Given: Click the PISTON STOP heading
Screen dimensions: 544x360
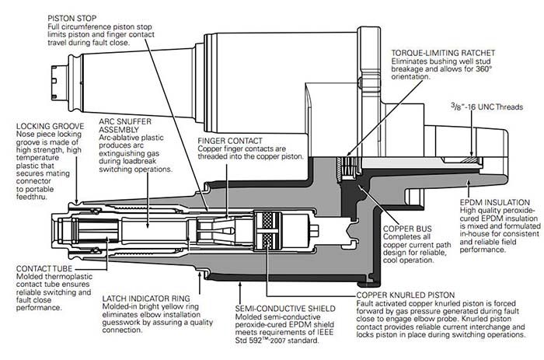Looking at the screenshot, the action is point(72,18).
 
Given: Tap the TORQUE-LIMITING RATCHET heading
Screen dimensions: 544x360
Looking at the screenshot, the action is point(443,53).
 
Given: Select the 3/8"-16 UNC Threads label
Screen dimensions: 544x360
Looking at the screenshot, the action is point(486,107).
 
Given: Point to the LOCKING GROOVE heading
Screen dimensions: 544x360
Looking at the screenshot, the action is point(50,126).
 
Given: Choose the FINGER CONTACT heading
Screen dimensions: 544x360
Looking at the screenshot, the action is point(230,141).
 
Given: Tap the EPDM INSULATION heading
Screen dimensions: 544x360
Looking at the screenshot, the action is point(495,202).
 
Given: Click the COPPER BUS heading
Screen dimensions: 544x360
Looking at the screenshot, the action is point(407,229).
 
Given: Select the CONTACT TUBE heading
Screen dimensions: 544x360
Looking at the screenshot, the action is point(44,269).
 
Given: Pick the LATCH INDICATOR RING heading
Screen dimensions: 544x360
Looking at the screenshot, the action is point(146,299).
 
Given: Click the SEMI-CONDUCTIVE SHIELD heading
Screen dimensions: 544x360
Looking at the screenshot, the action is point(285,309).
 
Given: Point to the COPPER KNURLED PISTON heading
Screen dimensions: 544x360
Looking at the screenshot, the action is point(406,295).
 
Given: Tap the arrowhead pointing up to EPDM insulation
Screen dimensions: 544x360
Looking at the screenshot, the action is point(468,183).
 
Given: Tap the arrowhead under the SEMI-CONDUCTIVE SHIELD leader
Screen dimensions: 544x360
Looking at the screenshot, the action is point(240,285).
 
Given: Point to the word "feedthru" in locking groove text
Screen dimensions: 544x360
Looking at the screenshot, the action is point(32,197).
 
